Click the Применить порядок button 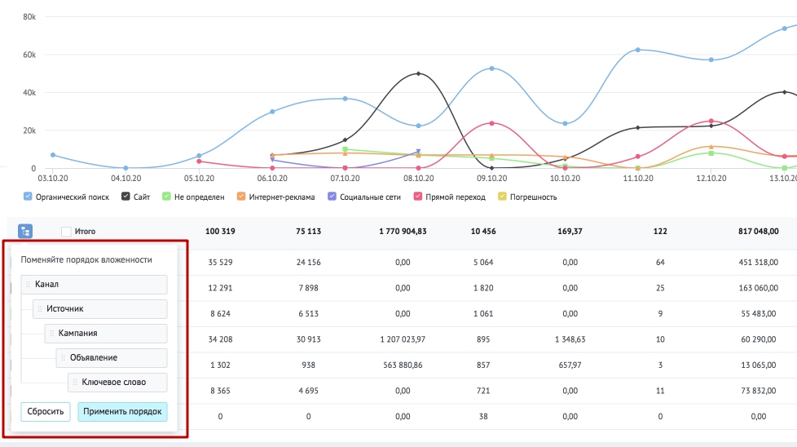pos(122,411)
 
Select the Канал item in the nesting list pos(94,285)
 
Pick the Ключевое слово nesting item pos(117,383)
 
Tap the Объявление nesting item pos(112,358)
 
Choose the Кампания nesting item pos(106,333)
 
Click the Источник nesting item pos(99,308)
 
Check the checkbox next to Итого pos(66,232)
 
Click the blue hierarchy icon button pos(25,232)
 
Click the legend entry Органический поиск pos(67,197)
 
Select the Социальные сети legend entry pos(364,197)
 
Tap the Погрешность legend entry pos(527,197)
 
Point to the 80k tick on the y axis pos(29,17)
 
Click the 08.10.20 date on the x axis pos(418,179)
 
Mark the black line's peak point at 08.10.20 pos(418,73)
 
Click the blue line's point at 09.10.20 pos(491,69)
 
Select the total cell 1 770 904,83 pos(403,232)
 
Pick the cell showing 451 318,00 pos(758,263)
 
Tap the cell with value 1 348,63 pos(570,339)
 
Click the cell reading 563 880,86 pos(403,365)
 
